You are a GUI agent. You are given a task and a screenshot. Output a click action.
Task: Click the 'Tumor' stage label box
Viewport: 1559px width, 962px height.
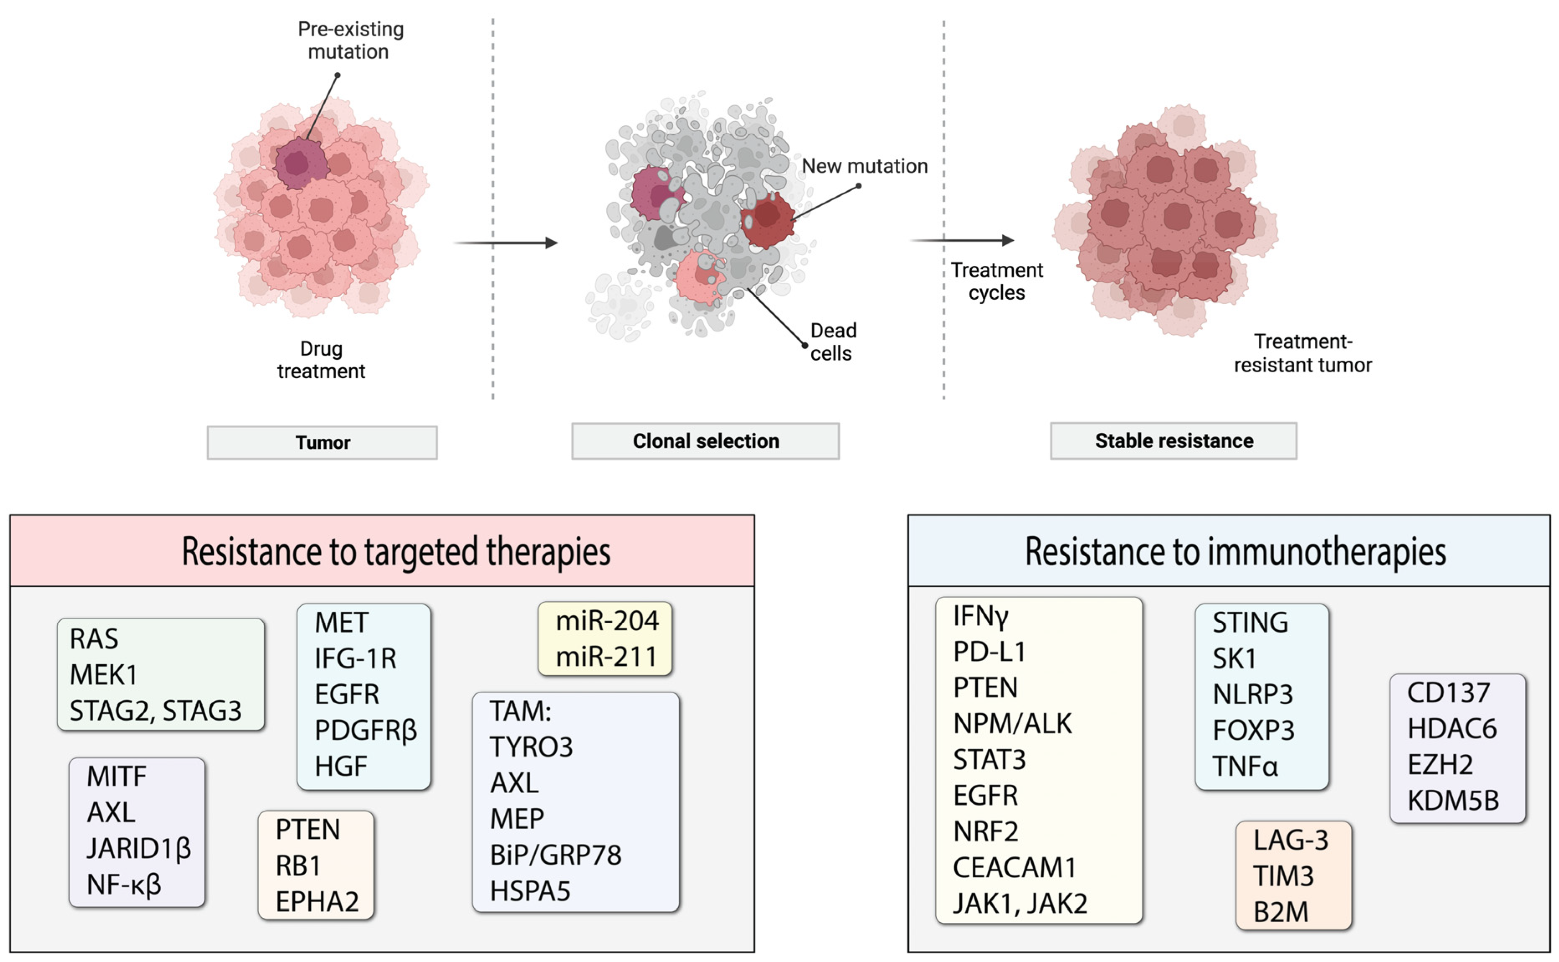pos(322,442)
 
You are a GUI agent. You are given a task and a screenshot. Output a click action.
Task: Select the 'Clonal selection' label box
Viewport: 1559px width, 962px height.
pos(705,441)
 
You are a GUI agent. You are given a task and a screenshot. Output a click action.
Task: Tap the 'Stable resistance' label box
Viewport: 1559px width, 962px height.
pos(1173,440)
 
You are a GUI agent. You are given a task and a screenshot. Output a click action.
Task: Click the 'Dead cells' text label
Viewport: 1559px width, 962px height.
pos(832,342)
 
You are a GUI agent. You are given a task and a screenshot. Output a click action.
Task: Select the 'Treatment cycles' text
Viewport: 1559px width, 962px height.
pos(996,281)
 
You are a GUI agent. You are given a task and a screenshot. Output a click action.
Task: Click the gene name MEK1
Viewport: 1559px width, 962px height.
pos(103,674)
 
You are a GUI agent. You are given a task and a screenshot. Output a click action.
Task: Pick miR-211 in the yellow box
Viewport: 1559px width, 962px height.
pos(606,656)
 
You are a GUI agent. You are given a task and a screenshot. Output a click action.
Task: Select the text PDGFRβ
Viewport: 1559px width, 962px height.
pos(365,730)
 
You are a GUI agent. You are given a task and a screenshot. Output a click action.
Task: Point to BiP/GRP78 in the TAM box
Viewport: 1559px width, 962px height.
pos(555,855)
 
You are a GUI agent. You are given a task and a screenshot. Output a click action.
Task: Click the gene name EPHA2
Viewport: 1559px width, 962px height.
pos(317,901)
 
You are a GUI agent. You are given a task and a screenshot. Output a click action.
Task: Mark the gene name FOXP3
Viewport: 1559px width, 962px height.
pos(1253,730)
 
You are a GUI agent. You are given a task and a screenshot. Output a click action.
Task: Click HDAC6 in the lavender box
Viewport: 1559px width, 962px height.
pos(1452,728)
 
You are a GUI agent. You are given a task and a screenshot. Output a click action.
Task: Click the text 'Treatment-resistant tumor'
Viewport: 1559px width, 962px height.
pos(1303,353)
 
